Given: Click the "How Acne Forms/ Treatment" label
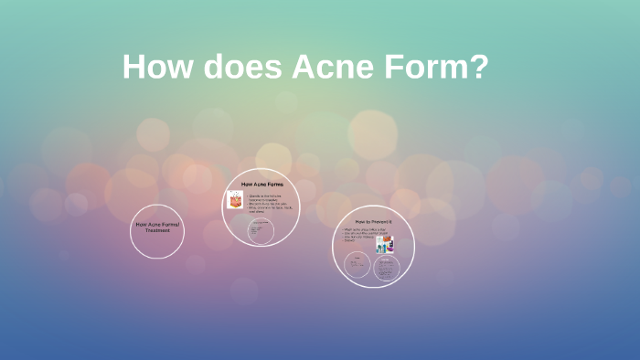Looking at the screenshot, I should coord(157,227).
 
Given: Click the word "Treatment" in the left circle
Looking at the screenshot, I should coord(157,230).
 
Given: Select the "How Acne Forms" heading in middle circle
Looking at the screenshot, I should coord(261,185).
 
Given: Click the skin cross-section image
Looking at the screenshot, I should coord(234,200).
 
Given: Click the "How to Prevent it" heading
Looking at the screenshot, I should coord(373,222).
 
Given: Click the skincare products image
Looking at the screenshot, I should coord(388,244).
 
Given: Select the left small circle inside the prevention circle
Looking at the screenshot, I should coord(357,266).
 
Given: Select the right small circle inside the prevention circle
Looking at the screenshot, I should coord(387,268).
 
